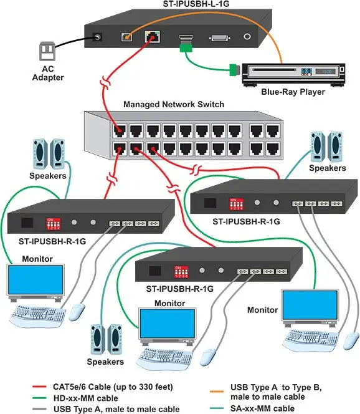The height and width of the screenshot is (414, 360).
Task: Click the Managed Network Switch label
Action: tap(174, 104)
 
